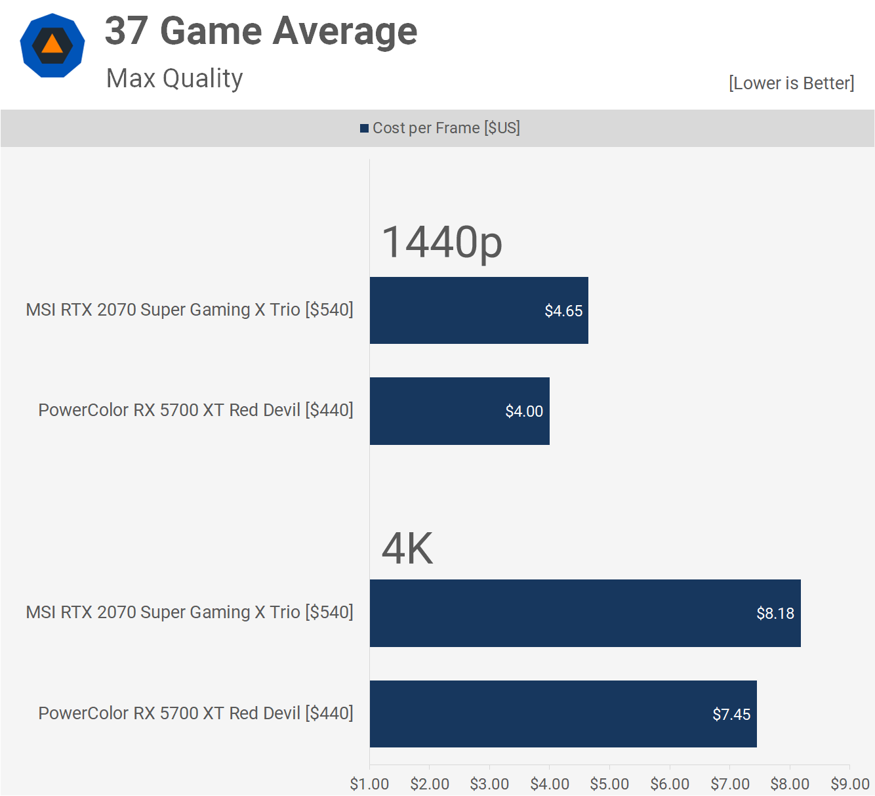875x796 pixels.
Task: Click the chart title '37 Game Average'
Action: [261, 31]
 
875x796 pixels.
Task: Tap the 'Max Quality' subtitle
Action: [174, 79]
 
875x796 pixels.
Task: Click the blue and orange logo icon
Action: [52, 45]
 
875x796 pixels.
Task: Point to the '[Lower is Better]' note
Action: [791, 83]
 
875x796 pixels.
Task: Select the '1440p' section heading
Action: [441, 242]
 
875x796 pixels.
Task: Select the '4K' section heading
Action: [407, 549]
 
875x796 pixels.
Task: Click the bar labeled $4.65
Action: [479, 310]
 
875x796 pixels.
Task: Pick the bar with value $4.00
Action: [459, 411]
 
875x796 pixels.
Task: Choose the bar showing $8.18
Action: [585, 613]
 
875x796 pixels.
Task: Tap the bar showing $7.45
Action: [563, 714]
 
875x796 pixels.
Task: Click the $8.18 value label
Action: [775, 614]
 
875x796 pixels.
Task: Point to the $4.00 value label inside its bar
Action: [524, 411]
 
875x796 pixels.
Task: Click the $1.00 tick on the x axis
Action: [369, 784]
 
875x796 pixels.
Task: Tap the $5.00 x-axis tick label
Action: [609, 784]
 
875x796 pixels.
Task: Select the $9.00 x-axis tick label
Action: [850, 784]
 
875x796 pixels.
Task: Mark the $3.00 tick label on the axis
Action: [489, 784]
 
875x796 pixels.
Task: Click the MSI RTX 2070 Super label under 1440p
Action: [190, 310]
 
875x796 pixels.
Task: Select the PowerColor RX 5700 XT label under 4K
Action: [195, 713]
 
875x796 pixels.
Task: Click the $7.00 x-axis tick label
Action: [730, 784]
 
